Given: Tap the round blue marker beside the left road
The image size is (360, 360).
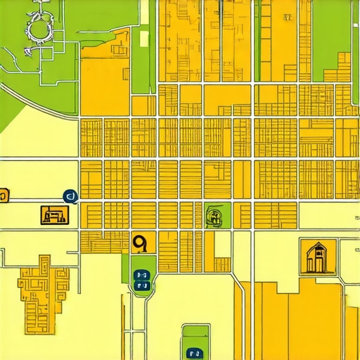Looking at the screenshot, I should [x=69, y=197].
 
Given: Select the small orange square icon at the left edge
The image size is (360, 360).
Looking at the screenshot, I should [x=4, y=195].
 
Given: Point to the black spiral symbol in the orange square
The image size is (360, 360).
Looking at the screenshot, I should [x=140, y=243].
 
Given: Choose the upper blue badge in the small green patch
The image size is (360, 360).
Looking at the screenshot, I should [x=141, y=275].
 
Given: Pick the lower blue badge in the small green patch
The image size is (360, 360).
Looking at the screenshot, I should [x=141, y=286].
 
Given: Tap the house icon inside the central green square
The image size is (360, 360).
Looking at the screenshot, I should [x=215, y=217].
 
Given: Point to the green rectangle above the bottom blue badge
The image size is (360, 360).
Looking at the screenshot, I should [x=195, y=335].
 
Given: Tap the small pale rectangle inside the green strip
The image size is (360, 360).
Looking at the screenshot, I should [x=145, y=38].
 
